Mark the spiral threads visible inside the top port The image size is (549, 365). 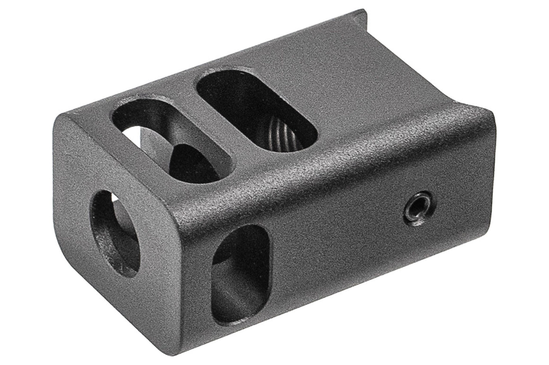pos(279,135)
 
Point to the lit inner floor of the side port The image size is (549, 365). pos(232,303)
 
